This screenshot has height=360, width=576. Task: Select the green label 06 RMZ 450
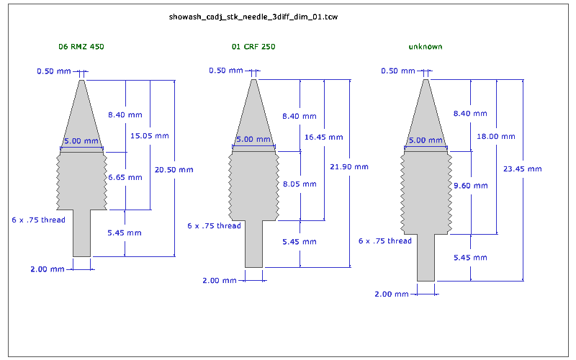[81, 47]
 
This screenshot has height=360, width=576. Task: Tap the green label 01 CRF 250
[253, 47]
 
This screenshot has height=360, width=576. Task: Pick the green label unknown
[425, 47]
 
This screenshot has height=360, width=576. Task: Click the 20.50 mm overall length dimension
[174, 170]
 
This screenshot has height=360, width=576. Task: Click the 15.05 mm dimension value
[149, 135]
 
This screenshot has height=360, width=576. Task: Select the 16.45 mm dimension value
[323, 137]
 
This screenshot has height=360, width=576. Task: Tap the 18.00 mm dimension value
[496, 136]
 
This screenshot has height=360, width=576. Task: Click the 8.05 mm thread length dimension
[299, 184]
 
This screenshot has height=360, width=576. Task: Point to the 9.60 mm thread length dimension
[470, 185]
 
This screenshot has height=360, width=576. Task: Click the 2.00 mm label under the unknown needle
[393, 294]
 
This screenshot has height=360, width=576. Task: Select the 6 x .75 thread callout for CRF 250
[214, 226]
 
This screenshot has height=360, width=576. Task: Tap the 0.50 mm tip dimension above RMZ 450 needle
[54, 71]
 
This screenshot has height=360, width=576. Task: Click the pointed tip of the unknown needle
[426, 85]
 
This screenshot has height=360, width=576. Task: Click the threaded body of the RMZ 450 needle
[81, 180]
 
